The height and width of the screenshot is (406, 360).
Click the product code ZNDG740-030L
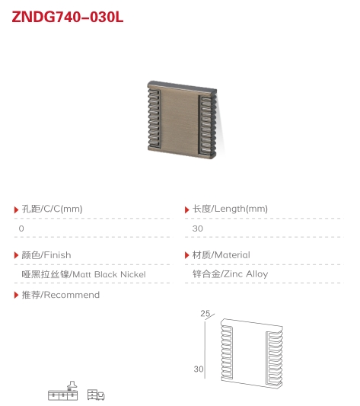point(68,17)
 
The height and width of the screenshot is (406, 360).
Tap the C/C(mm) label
point(52,209)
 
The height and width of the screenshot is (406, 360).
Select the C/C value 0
point(21,229)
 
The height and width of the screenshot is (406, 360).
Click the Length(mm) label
point(230,209)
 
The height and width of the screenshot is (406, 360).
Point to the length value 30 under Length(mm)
point(197,229)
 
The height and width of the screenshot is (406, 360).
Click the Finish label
point(46,255)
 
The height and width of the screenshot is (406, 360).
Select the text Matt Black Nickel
point(109,274)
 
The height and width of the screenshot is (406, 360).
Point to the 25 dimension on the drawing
point(205,314)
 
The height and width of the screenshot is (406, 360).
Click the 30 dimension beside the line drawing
point(199,369)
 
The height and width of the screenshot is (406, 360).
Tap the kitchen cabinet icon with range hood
point(63,391)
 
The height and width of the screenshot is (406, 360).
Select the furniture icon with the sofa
point(96,395)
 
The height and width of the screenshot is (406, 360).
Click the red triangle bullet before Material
point(187,256)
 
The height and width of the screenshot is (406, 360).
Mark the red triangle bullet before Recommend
point(16,295)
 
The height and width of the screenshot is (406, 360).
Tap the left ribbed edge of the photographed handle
point(154,118)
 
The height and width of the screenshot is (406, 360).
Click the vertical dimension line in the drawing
point(205,350)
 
